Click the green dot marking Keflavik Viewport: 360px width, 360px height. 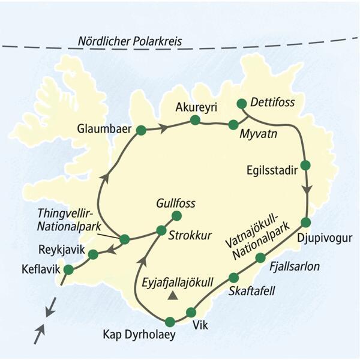68,270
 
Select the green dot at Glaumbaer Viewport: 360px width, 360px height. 141,130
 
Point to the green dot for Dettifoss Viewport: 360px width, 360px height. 242,103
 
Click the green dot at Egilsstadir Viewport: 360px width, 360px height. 305,165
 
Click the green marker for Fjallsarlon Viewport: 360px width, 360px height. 260,258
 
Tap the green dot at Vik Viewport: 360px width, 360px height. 191,312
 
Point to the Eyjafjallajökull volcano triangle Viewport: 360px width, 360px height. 173,295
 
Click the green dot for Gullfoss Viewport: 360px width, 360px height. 176,215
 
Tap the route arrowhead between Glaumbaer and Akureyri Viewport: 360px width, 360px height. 162,127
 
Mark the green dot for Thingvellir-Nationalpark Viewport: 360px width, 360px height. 125,239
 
